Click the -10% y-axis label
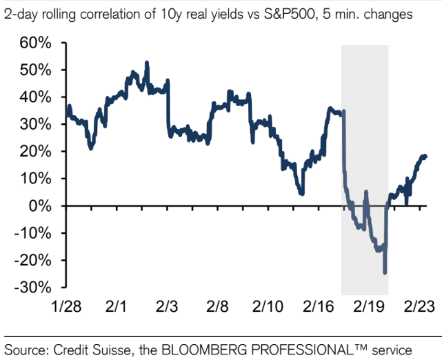pos(31,233)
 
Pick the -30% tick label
pos(31,287)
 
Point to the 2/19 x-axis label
pos(370,306)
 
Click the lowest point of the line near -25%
pos(385,273)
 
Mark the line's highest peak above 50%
pos(147,63)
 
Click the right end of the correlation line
pos(425,157)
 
